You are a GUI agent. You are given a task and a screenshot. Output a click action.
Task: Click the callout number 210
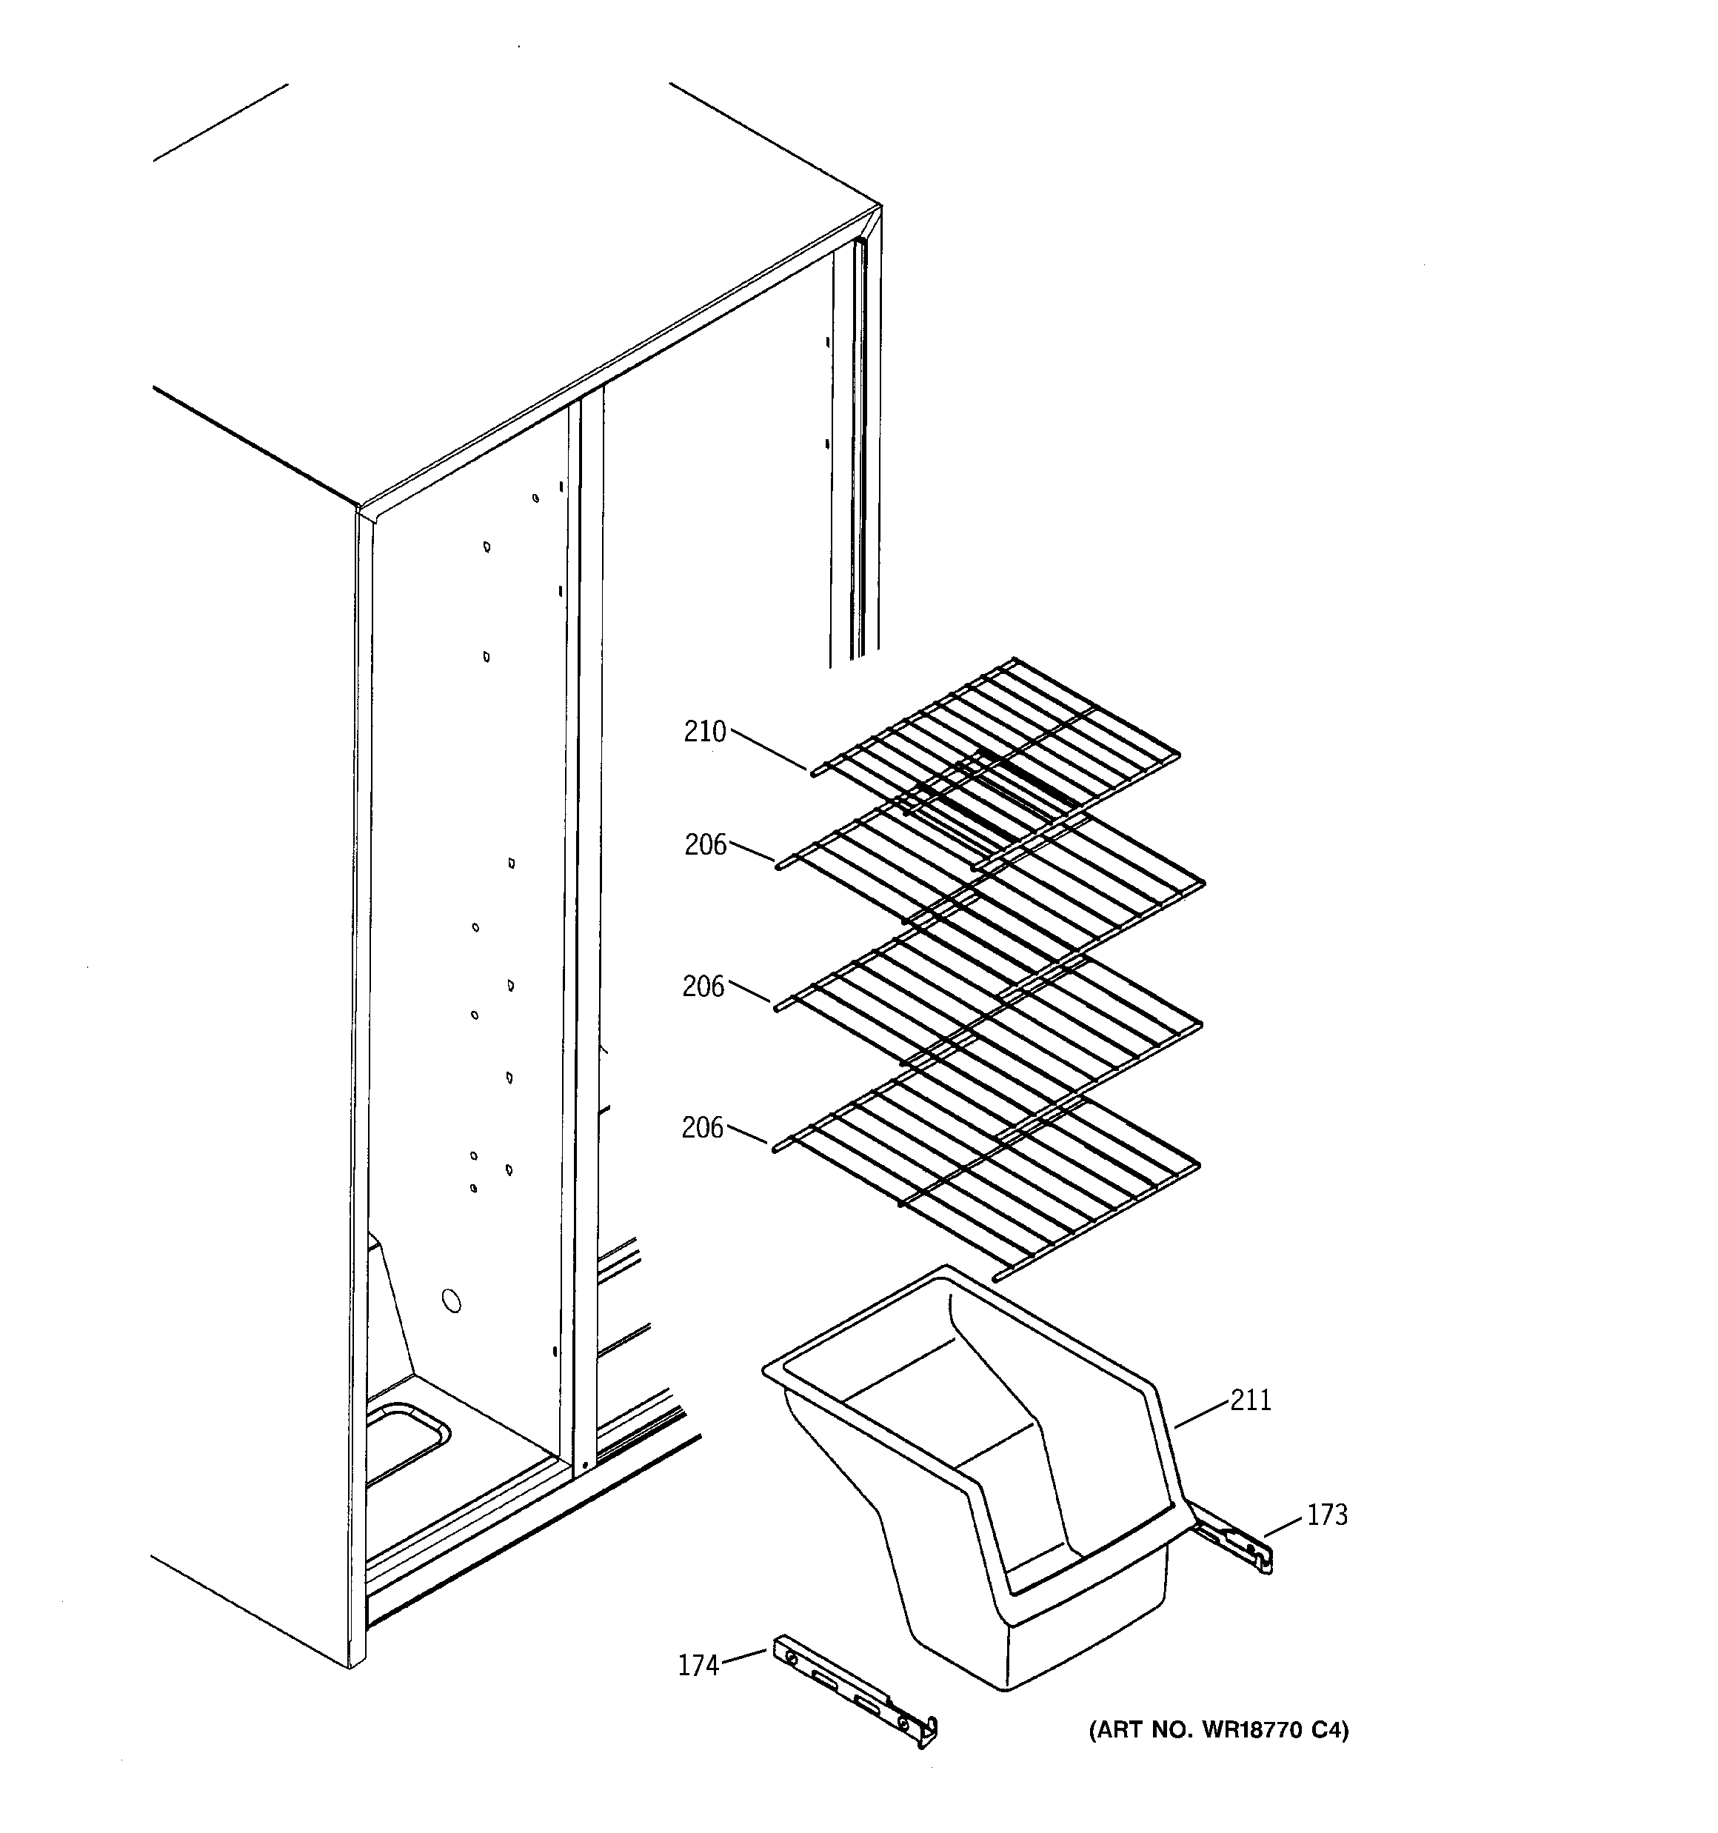click(x=704, y=732)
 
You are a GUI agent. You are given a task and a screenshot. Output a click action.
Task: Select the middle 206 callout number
click(x=703, y=986)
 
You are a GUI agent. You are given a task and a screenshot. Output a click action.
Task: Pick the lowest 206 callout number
click(x=703, y=1128)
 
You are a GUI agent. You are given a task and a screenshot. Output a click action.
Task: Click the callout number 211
click(x=1251, y=1400)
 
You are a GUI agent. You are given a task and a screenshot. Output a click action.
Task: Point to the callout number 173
click(x=1326, y=1515)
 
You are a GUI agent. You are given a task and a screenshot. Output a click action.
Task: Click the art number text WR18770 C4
click(x=1218, y=1731)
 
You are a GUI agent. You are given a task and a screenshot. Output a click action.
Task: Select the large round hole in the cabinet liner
click(x=452, y=1301)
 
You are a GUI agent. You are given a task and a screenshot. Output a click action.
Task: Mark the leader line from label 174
click(x=743, y=1657)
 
